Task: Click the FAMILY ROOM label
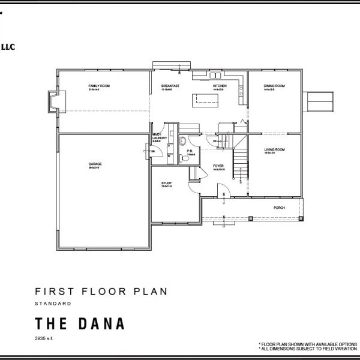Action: point(99,86)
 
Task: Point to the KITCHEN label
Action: point(220,86)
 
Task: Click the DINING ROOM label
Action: point(274,86)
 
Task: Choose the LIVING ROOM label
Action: point(274,149)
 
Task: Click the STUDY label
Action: point(166,183)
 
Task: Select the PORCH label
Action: point(278,208)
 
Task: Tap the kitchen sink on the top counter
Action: point(214,76)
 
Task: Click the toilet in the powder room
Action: point(181,142)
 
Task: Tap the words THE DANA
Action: point(80,323)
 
